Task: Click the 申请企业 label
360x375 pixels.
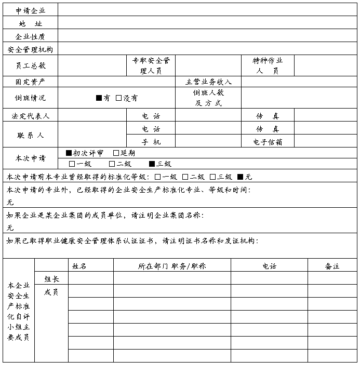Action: click(x=30, y=10)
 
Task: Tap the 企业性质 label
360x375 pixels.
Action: click(x=30, y=36)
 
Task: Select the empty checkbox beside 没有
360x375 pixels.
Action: click(x=118, y=98)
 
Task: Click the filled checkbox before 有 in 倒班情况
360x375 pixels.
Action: click(x=99, y=98)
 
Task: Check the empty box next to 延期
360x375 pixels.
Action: click(x=116, y=153)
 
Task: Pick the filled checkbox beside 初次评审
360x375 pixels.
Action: click(x=69, y=153)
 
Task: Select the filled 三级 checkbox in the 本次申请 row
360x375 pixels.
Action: click(x=152, y=164)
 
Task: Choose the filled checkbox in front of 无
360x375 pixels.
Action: click(x=241, y=177)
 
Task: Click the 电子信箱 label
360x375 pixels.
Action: click(x=268, y=142)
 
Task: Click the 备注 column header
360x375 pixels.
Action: click(x=332, y=266)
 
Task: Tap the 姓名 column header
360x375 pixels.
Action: click(x=79, y=266)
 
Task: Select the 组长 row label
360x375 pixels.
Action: click(x=51, y=279)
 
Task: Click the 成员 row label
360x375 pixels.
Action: click(x=51, y=292)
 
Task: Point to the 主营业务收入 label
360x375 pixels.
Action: click(x=208, y=82)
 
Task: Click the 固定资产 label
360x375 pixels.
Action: click(x=30, y=82)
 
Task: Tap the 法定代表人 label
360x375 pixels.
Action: click(x=30, y=115)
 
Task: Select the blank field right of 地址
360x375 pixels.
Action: click(x=207, y=23)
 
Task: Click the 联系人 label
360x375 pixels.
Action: click(x=30, y=135)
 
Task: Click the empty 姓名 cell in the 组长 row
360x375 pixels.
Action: click(x=90, y=278)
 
